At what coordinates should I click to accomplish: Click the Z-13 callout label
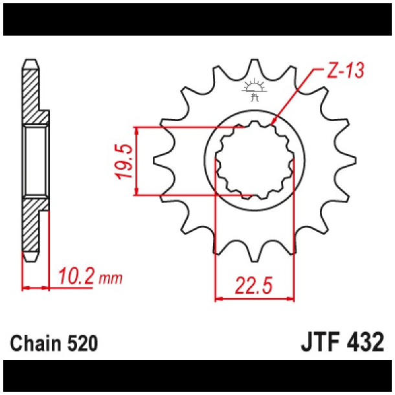[345, 70]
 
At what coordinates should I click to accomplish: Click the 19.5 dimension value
[124, 161]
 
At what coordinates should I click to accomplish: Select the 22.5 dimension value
[254, 286]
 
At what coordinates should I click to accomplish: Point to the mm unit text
[111, 278]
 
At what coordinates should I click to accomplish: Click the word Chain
[36, 343]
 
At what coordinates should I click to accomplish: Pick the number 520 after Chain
[82, 343]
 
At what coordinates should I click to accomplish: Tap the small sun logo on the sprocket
[254, 89]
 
